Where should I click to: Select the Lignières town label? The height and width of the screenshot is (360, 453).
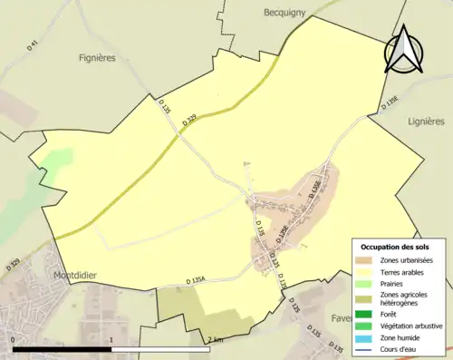tap(426, 120)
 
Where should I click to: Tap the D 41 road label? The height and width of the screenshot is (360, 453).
tap(34, 44)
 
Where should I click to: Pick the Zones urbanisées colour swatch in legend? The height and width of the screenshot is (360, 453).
tap(368, 260)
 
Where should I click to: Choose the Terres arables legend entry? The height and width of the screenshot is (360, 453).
tap(406, 271)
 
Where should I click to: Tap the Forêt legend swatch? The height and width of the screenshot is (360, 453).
tap(368, 314)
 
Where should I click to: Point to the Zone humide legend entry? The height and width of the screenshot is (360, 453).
tap(402, 337)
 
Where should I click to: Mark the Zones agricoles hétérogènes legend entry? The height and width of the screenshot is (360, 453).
tap(406, 298)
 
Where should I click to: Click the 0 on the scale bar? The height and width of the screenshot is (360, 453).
tap(14, 339)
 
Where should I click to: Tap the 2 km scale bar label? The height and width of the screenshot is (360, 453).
tap(215, 339)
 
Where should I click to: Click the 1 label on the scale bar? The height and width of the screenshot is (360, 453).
tap(111, 339)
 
